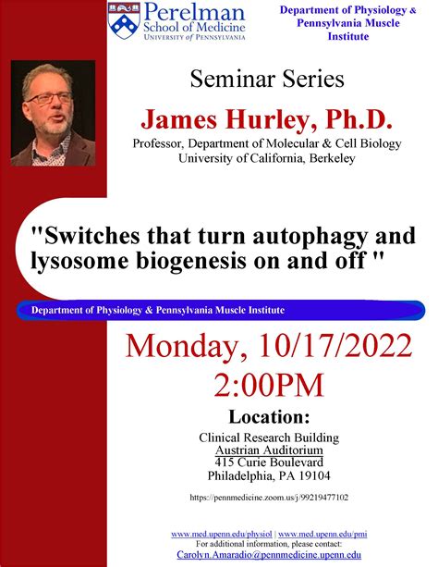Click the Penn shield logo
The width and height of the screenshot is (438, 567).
pos(124,20)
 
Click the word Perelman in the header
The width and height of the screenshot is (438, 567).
pos(194,12)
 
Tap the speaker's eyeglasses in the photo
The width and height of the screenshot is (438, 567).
pos(50,98)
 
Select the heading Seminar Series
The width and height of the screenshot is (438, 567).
pos(267,79)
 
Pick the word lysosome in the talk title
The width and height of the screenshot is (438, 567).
pos(79,261)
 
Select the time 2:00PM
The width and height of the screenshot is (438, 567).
pos(269,385)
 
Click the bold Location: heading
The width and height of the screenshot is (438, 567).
pos(269,416)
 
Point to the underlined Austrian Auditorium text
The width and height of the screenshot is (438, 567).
pos(269,450)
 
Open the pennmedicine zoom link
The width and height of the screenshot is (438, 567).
pos(269,498)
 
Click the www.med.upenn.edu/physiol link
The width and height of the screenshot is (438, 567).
pos(221,534)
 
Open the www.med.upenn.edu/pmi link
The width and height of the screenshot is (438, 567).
pos(322,534)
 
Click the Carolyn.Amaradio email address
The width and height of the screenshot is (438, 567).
pos(269,555)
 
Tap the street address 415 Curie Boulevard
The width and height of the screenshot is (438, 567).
pos(269,462)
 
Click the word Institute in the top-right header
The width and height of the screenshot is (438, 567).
pos(348,36)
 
